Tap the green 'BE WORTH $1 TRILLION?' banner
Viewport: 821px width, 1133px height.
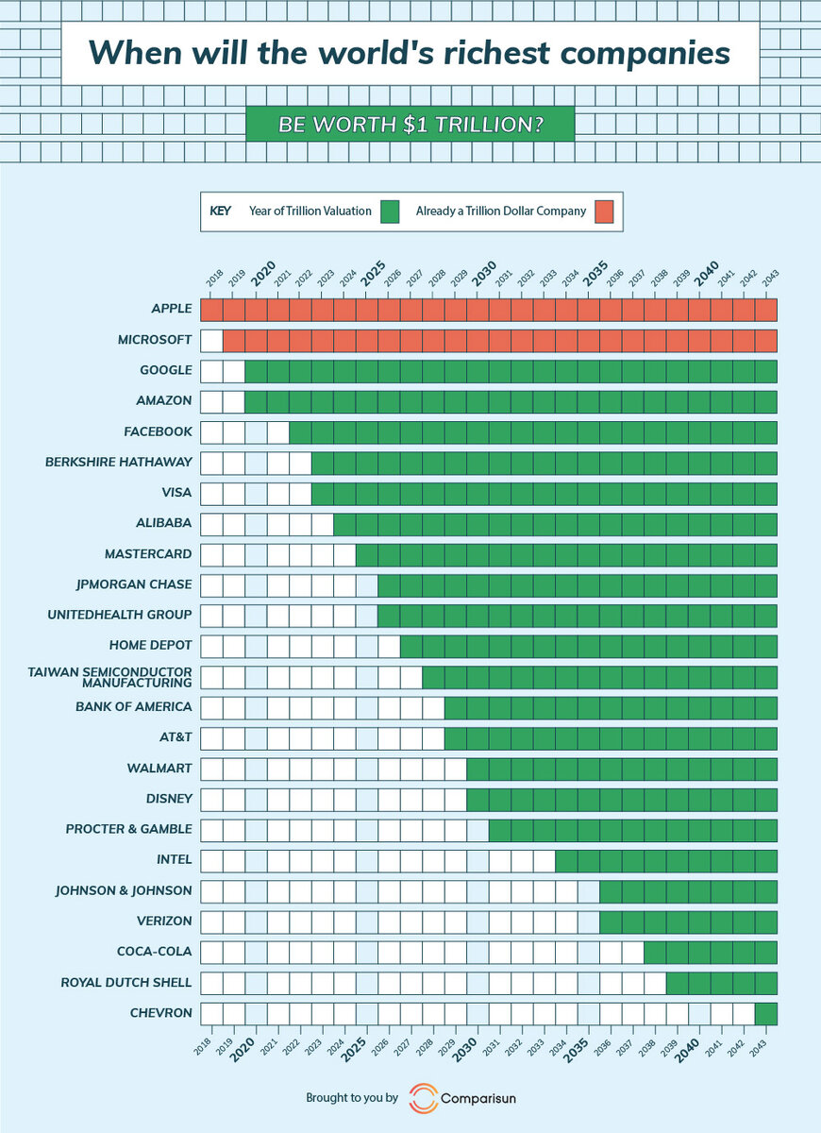pyautogui.click(x=410, y=124)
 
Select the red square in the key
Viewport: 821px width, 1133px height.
pyautogui.click(x=604, y=211)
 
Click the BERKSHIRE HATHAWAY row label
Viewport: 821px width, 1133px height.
pyautogui.click(x=119, y=462)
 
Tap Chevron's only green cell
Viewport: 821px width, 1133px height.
pyautogui.click(x=766, y=1013)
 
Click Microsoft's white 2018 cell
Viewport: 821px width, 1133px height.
pyautogui.click(x=211, y=340)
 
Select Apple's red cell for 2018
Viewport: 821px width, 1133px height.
pyautogui.click(x=211, y=309)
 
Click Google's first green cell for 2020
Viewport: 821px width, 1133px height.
pyautogui.click(x=256, y=370)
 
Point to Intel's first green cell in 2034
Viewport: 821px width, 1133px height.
pyautogui.click(x=566, y=860)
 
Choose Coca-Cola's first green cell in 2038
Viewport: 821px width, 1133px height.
pyautogui.click(x=655, y=952)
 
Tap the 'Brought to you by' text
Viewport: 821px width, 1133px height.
pyautogui.click(x=352, y=1099)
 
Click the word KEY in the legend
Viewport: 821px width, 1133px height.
pyautogui.click(x=220, y=211)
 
